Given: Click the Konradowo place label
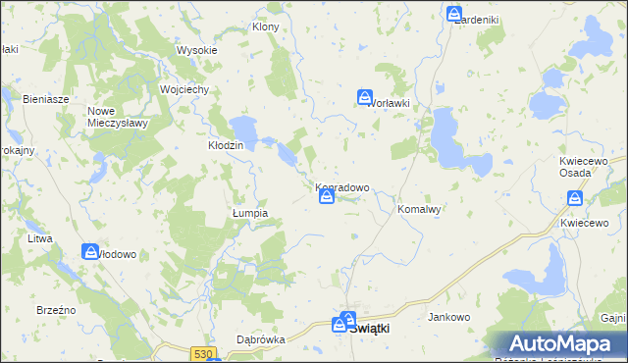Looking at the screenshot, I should pos(342,186).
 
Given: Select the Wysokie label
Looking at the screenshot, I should pos(196,50).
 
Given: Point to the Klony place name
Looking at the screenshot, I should pos(266,26).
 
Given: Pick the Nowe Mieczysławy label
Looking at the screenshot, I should pos(117,117).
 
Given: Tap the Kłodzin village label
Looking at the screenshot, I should pos(226,145).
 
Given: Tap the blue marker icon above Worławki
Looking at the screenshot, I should pos(365,97).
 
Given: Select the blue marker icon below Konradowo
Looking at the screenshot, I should pos(327,197).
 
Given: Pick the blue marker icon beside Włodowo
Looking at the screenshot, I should pos(90,251).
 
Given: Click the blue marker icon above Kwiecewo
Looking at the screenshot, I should pos(575,198).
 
